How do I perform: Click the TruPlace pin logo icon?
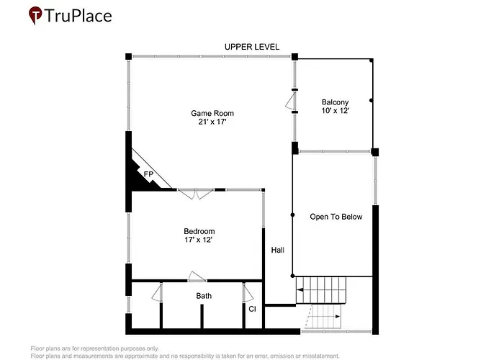point(35,15)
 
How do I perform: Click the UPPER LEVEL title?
point(252,47)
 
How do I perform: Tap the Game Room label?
point(212,113)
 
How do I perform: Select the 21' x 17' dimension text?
point(212,122)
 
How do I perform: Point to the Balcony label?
point(336,102)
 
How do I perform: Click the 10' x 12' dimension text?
point(336,111)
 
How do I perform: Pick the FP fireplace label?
point(148,174)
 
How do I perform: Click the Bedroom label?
point(199,231)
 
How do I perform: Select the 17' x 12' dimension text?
point(199,240)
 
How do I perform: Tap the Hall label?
point(278,250)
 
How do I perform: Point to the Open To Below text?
point(336,217)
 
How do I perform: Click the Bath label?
point(204,296)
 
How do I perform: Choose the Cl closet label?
point(252,309)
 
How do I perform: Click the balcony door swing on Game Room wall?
point(290,101)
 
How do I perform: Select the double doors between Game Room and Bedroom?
point(196,194)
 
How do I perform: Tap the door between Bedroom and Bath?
point(197,276)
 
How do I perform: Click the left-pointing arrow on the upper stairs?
point(300,290)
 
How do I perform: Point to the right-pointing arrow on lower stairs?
point(338,317)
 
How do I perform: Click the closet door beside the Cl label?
point(248,293)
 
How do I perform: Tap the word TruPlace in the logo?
point(78,16)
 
